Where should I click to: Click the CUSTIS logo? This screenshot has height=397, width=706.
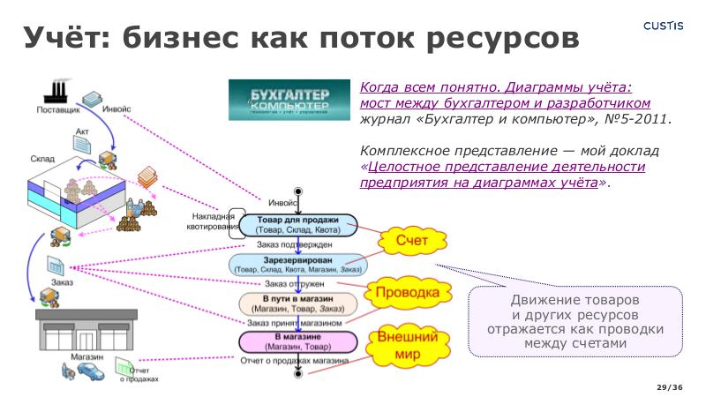(663, 26)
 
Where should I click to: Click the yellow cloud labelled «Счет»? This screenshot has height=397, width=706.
(411, 240)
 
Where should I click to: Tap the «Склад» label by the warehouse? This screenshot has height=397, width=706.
(42, 159)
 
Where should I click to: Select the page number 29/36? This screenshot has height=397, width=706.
(671, 387)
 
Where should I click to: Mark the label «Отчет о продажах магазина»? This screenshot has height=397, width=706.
(295, 361)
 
